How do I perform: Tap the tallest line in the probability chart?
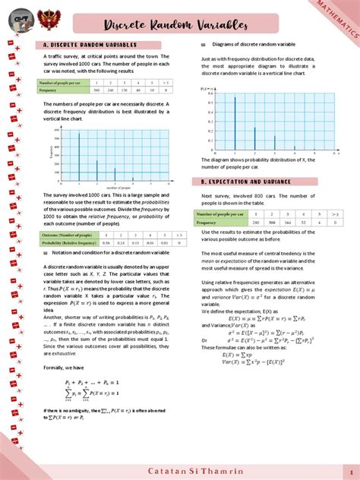(235, 118)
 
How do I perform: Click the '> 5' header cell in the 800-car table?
(334, 215)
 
